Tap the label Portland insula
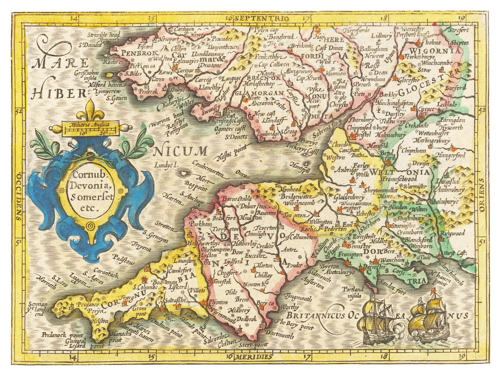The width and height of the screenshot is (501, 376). click(353, 292)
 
